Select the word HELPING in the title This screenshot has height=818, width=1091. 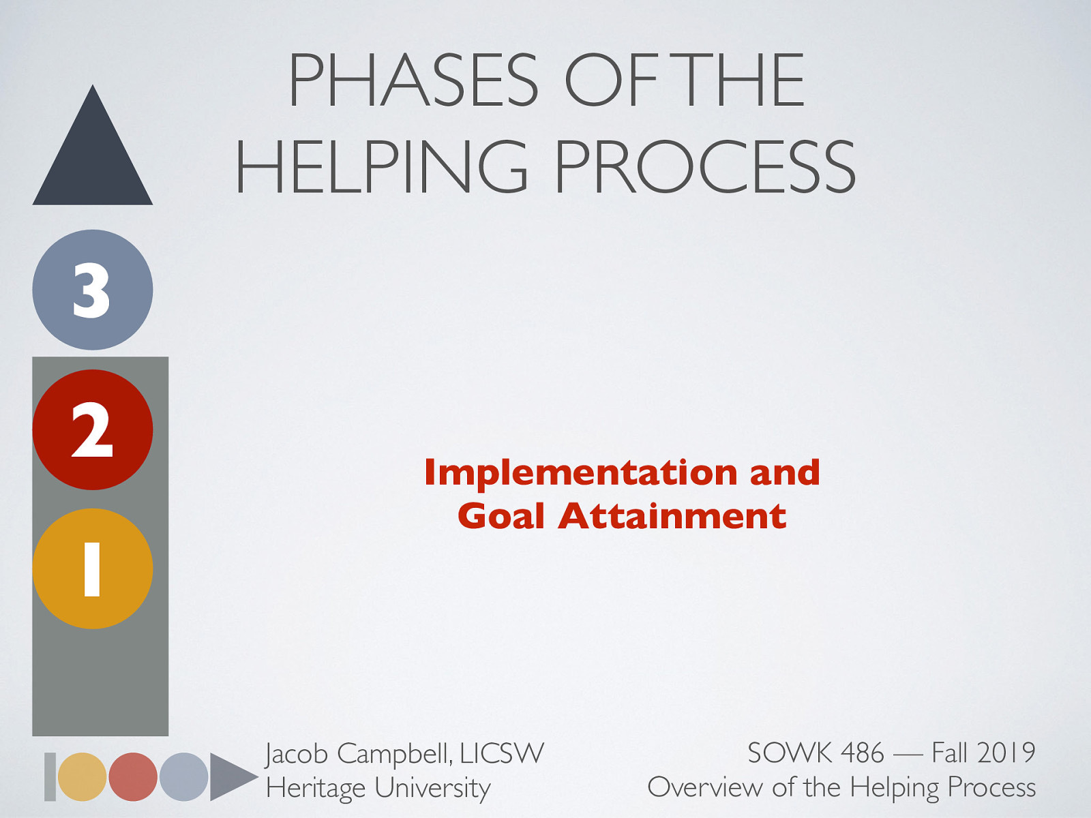point(382,166)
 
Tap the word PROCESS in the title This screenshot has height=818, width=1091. point(705,166)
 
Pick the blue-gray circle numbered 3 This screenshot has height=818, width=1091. point(93,290)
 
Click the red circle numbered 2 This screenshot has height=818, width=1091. point(93,429)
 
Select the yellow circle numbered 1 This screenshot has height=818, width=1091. point(93,569)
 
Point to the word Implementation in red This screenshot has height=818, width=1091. point(581,472)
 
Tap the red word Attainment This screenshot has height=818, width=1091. point(672,515)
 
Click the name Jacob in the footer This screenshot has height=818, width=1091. point(297,754)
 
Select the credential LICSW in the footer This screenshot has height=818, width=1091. point(502,753)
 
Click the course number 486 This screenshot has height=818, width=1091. point(863,753)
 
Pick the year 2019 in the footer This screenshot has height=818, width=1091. point(1006,753)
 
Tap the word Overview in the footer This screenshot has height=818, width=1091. point(704,787)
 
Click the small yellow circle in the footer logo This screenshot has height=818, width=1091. point(83,777)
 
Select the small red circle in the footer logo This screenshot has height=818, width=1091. point(133,777)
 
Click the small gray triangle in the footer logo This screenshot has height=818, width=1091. point(229,777)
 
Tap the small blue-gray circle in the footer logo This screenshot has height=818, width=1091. point(183,777)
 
